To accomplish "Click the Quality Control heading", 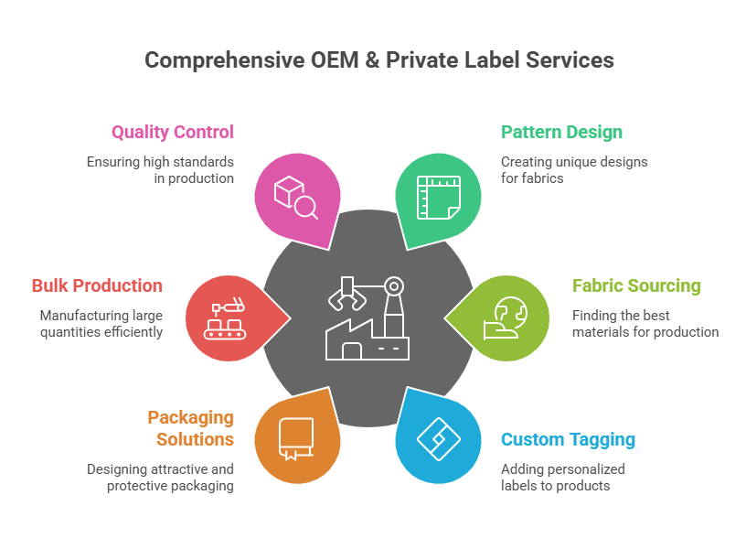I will point(173,132).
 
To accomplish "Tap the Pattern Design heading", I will point(561,132).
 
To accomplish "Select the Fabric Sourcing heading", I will point(636,285).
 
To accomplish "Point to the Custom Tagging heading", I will point(568,439).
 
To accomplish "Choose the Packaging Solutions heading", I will point(191,428).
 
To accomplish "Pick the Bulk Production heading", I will point(97,285).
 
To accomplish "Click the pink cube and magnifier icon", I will point(295,195).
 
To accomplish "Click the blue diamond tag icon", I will point(438,439).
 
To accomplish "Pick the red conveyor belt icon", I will point(226,319).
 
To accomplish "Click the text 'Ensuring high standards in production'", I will point(161,169).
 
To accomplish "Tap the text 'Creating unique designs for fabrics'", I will point(574,169).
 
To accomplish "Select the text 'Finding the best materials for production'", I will point(645,323).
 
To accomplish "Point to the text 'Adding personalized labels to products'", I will point(563,477).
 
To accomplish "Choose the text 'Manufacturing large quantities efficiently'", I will point(101,323).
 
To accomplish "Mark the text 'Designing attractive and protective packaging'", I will point(161,477).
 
